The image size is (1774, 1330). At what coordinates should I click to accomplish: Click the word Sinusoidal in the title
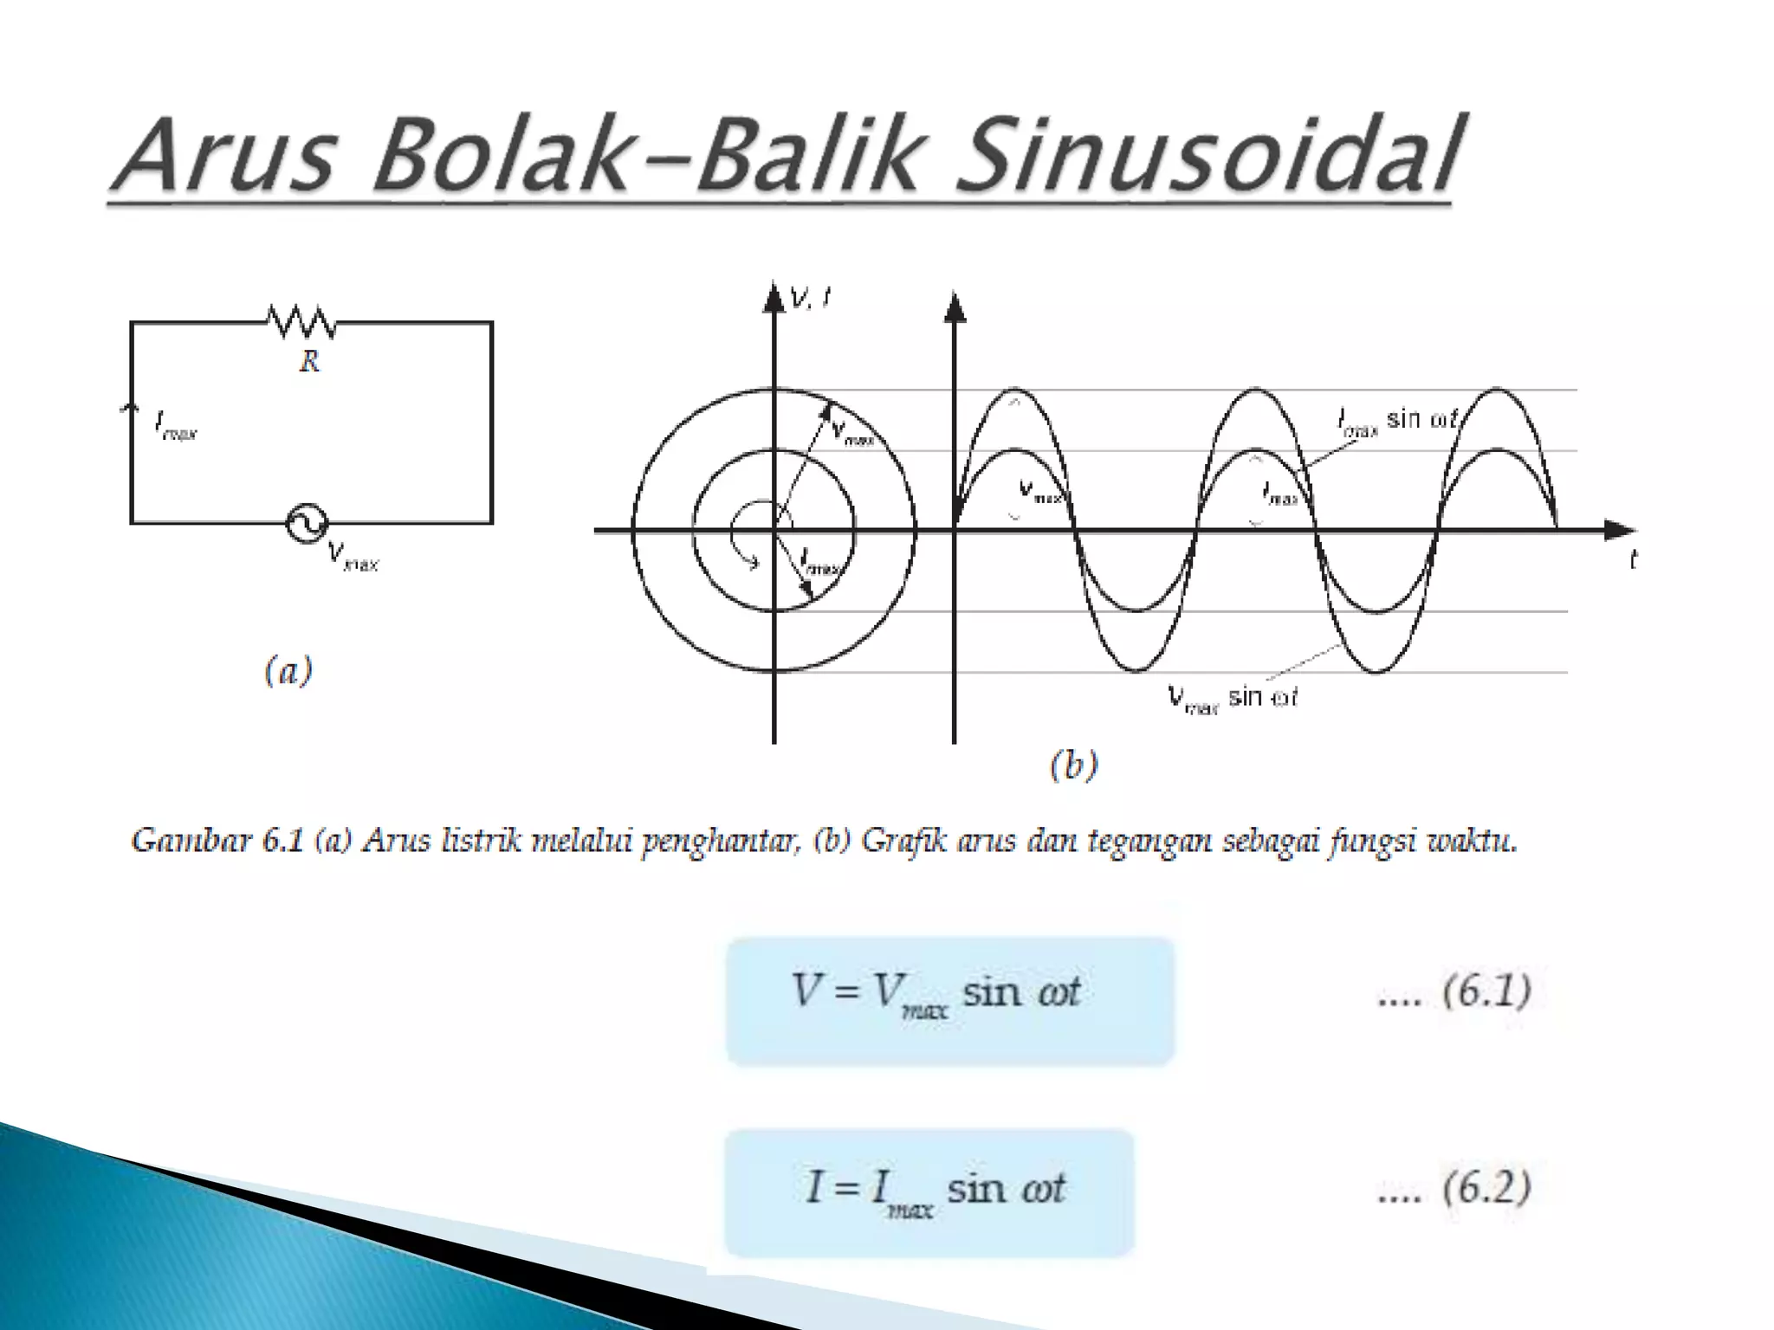click(x=1208, y=156)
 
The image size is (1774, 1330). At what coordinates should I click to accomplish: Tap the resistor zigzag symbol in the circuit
click(x=301, y=321)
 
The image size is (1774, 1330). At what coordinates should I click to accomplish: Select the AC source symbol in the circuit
click(x=307, y=523)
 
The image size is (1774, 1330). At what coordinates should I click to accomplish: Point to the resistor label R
click(x=309, y=361)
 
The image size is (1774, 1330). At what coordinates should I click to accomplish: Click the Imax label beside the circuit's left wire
click(x=176, y=426)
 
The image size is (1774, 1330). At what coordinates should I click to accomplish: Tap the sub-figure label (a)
click(x=288, y=671)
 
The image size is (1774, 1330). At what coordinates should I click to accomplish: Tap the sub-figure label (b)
click(x=1073, y=765)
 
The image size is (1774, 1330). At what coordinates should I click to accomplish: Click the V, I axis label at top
click(x=811, y=299)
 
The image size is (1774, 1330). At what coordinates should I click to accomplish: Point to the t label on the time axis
click(x=1633, y=561)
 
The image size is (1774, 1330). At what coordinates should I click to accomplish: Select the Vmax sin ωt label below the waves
click(x=1232, y=697)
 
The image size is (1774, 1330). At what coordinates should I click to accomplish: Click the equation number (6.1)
click(x=1486, y=991)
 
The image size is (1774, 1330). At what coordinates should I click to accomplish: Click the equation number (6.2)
click(x=1486, y=1187)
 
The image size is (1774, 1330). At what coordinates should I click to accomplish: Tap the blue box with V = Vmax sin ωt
click(x=949, y=1000)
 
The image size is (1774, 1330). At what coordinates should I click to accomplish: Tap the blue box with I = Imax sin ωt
click(x=929, y=1192)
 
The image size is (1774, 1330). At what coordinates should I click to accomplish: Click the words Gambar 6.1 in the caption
click(x=217, y=841)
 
